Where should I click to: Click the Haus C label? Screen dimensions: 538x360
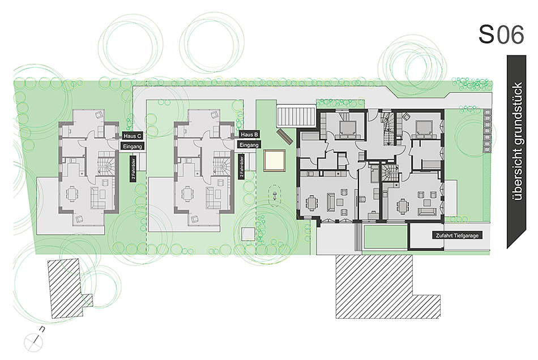click(133, 136)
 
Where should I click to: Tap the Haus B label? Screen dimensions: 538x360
click(249, 134)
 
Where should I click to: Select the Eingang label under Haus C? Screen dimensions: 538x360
click(133, 147)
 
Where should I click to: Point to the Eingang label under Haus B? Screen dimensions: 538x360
click(249, 145)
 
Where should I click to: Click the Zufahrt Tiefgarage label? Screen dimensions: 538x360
click(457, 235)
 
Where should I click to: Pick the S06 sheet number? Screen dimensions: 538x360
click(501, 35)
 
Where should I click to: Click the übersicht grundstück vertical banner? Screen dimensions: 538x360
click(516, 151)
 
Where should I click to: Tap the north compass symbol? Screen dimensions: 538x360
click(34, 341)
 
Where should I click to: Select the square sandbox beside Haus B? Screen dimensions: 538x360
click(275, 160)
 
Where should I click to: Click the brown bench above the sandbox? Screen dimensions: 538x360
click(285, 137)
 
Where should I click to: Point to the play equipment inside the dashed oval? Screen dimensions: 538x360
click(275, 196)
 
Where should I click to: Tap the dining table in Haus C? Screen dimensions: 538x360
click(72, 194)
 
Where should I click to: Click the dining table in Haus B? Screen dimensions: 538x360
click(187, 194)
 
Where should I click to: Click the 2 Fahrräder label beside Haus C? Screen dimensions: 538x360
click(133, 169)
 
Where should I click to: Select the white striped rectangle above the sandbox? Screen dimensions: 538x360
click(296, 117)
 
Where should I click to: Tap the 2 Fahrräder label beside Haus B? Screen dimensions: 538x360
click(242, 167)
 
